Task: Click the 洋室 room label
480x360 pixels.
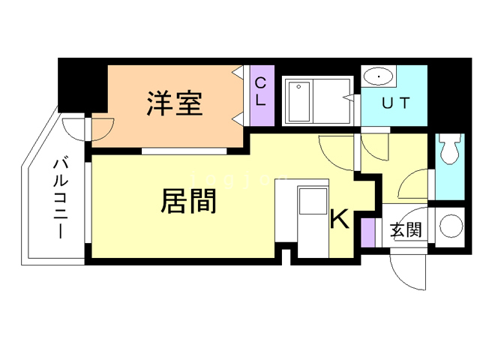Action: coord(174,103)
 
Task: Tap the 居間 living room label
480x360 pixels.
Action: coord(188,201)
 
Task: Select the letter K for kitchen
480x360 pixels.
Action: coord(340,220)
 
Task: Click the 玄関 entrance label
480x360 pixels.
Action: coord(405,229)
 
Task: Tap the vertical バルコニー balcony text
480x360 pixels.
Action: coord(60,196)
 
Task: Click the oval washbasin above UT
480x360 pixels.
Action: coord(379,76)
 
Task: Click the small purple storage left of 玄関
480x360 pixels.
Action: coord(367,232)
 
